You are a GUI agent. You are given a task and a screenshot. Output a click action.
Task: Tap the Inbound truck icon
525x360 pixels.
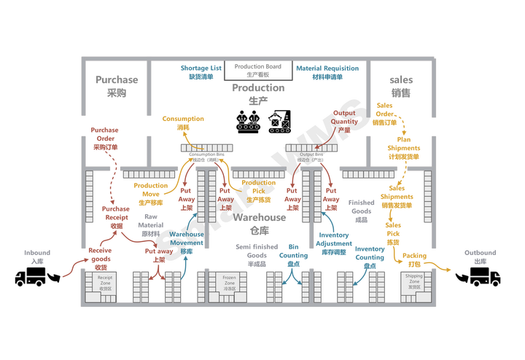pos(30,276)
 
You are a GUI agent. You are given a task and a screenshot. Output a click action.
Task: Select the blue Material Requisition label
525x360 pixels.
pos(327,71)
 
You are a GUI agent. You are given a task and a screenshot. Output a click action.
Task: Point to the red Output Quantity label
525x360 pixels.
pos(346,117)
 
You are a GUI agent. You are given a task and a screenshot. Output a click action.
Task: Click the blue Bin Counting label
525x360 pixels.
pos(293,251)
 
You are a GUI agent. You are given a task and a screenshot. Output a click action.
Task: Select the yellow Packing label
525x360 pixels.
pos(414,256)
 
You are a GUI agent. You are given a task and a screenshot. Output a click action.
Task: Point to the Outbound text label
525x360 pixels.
pos(481,256)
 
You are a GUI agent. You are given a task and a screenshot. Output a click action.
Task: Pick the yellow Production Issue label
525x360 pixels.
pos(150,189)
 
